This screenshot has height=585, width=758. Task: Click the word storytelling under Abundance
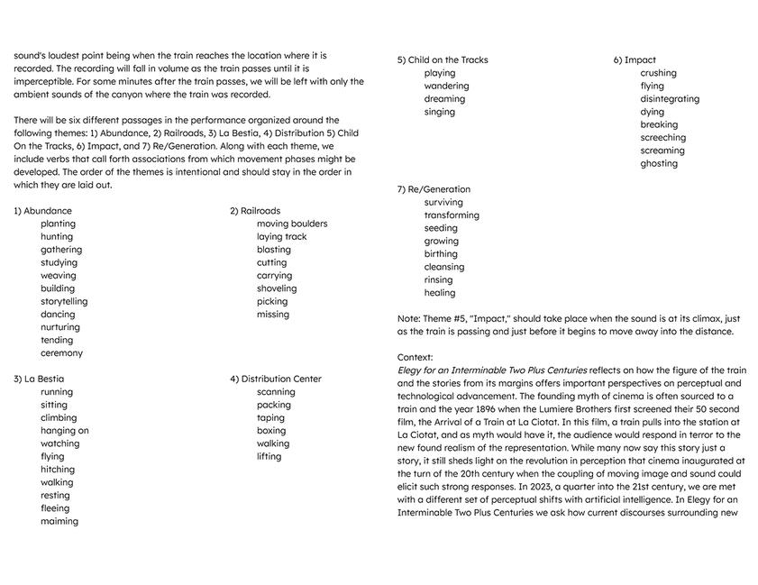[64, 301]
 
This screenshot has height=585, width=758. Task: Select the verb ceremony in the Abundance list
[61, 353]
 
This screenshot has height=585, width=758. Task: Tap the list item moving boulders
[292, 224]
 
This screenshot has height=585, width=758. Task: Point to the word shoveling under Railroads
[276, 288]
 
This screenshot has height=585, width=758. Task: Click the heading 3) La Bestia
[39, 379]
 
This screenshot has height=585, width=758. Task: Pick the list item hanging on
[64, 431]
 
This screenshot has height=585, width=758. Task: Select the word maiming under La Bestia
[59, 521]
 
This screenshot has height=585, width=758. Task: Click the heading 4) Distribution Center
[275, 379]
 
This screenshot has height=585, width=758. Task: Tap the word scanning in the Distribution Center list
[276, 392]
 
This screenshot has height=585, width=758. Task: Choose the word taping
[270, 417]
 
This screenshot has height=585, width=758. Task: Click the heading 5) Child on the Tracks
[443, 60]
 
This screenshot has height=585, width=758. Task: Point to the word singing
[440, 113]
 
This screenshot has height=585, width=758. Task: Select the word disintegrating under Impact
[670, 99]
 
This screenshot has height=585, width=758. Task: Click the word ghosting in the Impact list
[659, 163]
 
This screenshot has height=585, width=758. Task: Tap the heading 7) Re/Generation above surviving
[434, 189]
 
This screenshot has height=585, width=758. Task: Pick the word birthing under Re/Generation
[441, 254]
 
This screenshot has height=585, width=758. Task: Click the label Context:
[415, 357]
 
